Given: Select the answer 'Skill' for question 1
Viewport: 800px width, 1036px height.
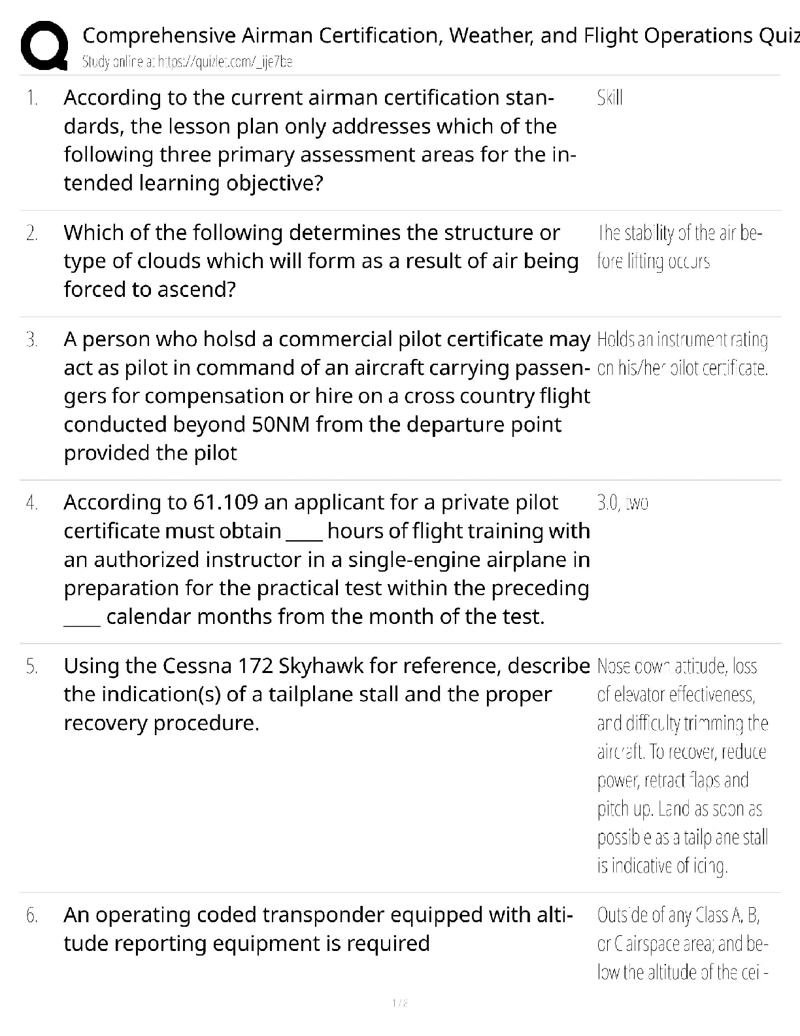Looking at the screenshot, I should click(609, 98).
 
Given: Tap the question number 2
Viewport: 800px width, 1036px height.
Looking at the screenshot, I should click(31, 233).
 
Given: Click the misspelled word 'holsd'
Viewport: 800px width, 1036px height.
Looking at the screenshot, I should click(232, 339).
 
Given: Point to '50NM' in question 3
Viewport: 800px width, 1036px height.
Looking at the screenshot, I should click(280, 424).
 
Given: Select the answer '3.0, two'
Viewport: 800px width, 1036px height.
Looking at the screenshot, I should click(622, 503).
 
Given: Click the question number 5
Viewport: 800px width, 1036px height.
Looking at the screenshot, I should click(31, 666).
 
